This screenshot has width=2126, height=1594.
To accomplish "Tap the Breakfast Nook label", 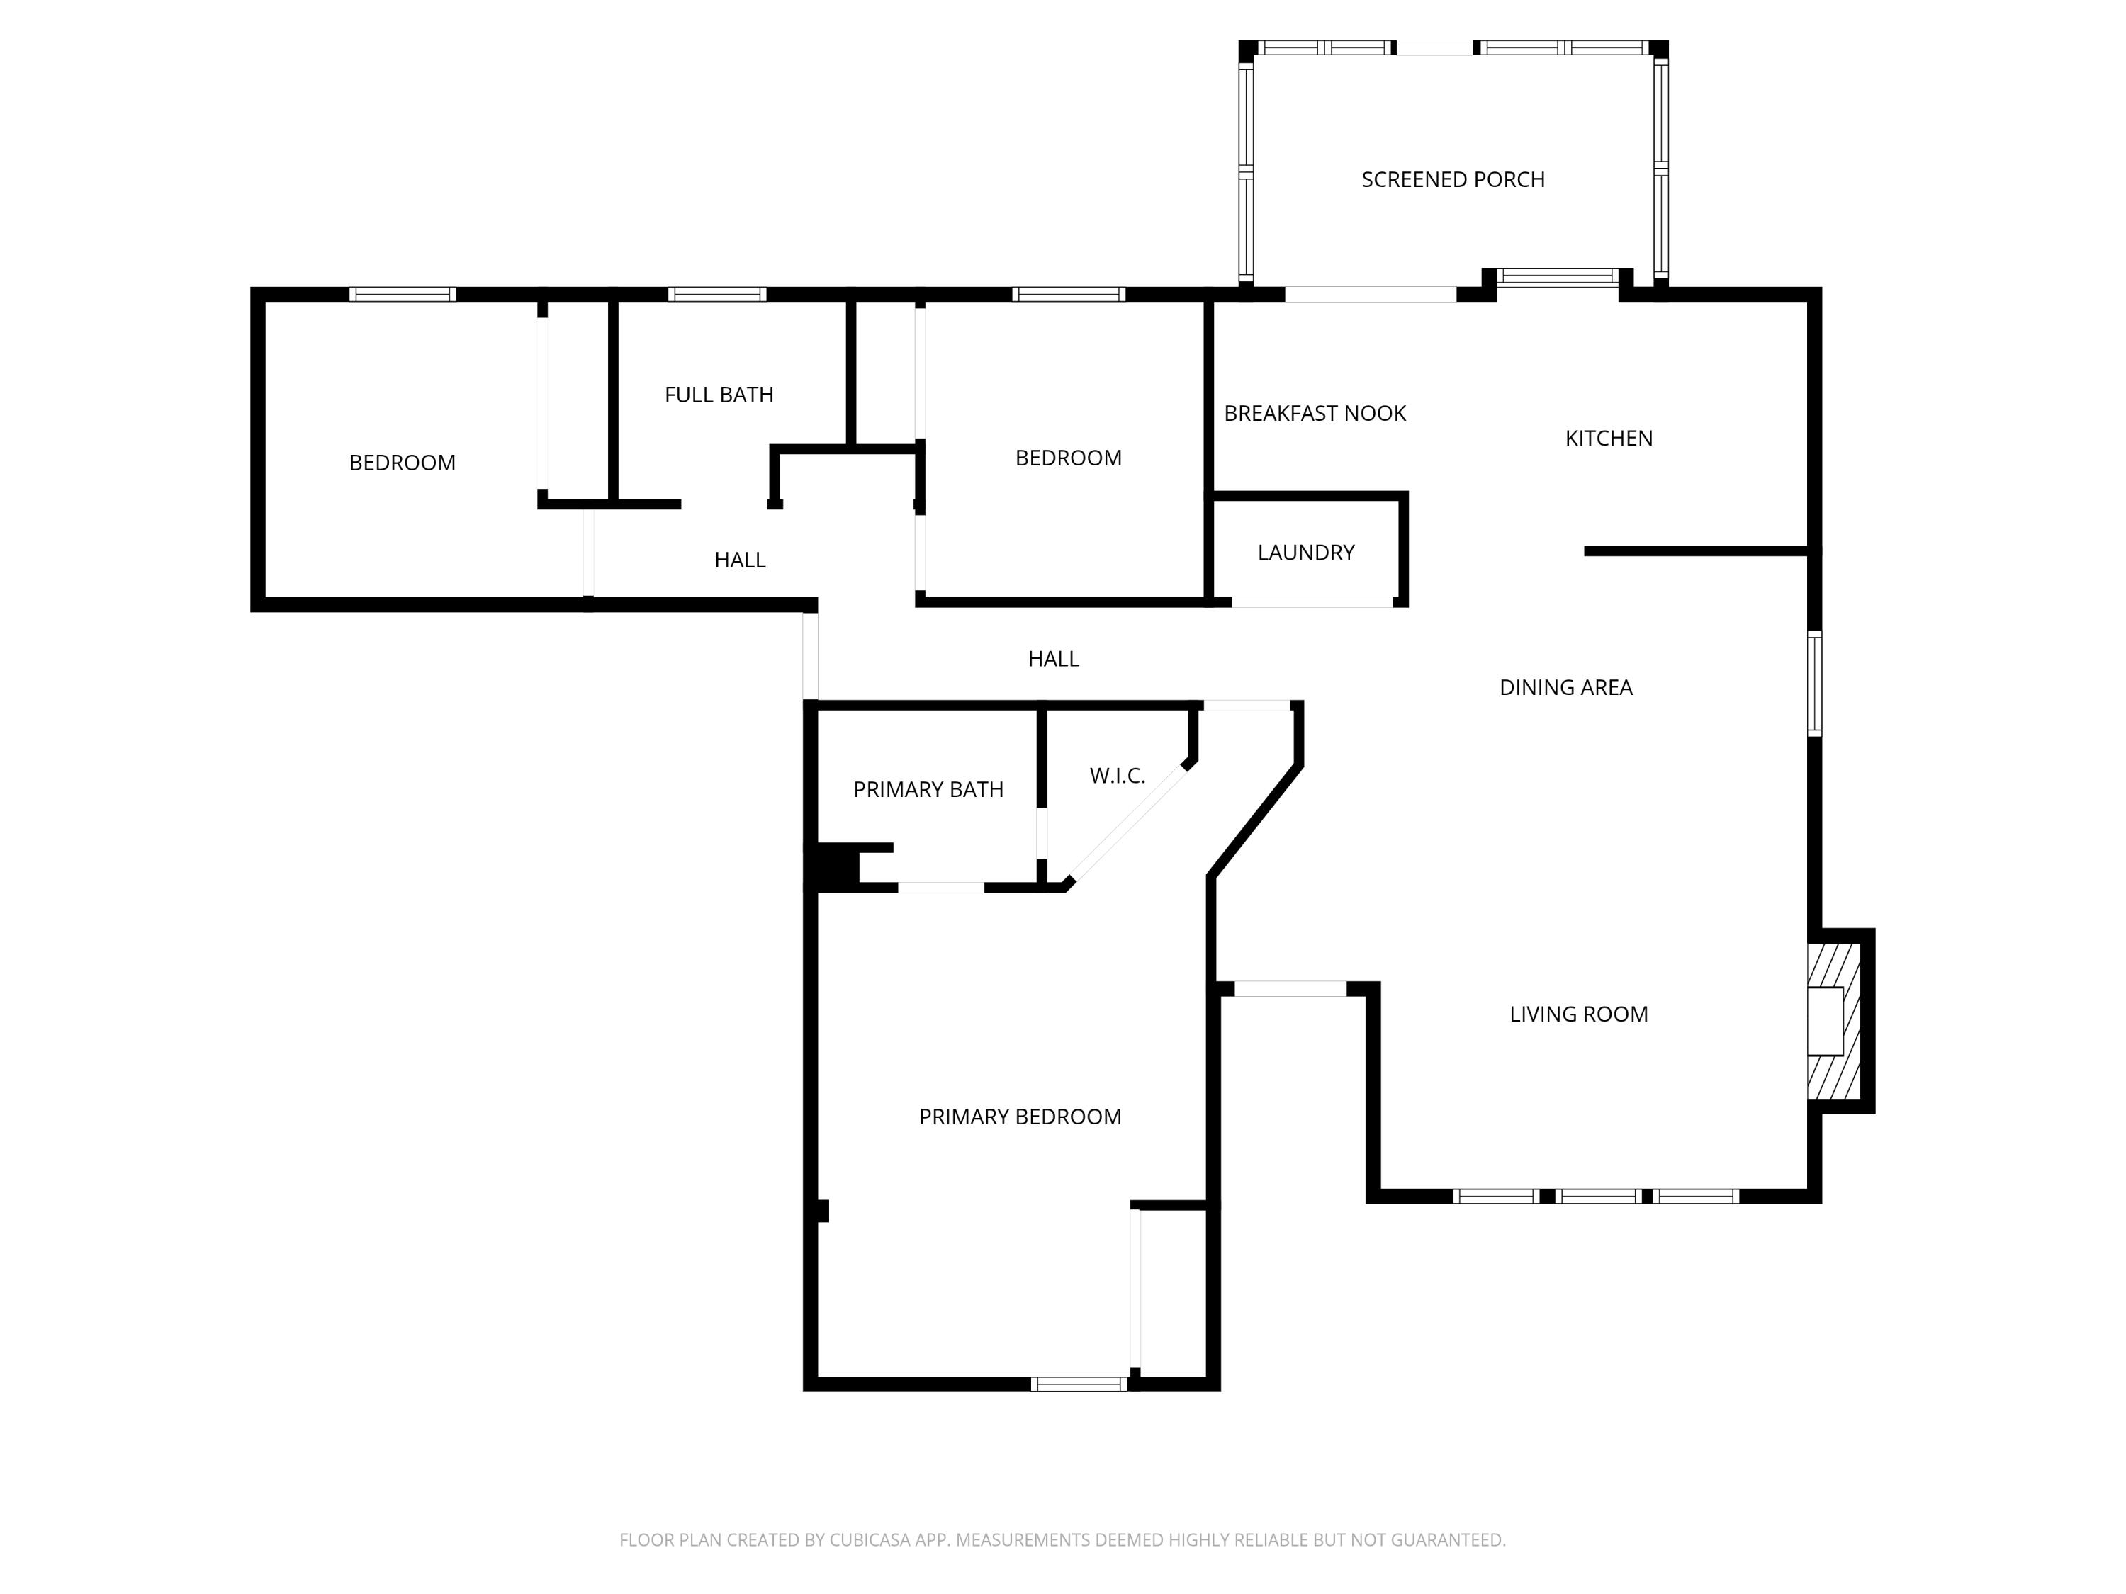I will [x=1314, y=413].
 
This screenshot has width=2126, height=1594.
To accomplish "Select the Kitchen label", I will [x=1608, y=438].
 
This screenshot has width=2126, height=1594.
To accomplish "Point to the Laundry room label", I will [x=1305, y=553].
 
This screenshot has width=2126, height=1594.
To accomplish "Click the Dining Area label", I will [x=1565, y=687].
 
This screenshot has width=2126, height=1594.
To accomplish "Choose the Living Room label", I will [x=1577, y=1014].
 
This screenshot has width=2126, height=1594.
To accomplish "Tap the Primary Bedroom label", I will [x=1020, y=1117].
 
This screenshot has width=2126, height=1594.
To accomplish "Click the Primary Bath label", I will [x=928, y=790].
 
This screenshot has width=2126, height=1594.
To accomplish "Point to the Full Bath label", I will [x=718, y=395].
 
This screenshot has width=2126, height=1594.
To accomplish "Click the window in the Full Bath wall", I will [x=717, y=294].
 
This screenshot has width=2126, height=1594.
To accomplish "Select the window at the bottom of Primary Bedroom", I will [x=1079, y=1384].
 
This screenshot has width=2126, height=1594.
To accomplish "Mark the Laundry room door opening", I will [x=1312, y=602].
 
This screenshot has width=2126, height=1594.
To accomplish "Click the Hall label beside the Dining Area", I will [x=1053, y=659].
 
